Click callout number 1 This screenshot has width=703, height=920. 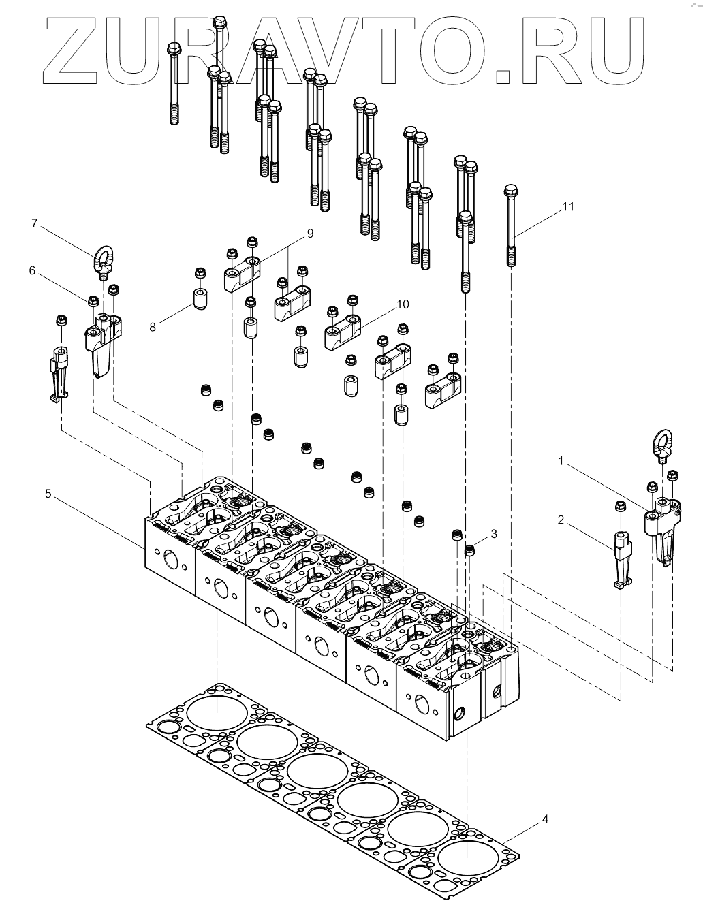click(561, 462)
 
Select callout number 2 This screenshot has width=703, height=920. click(561, 521)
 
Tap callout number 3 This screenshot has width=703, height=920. click(493, 534)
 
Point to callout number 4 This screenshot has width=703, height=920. click(544, 819)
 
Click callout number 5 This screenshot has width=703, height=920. click(48, 494)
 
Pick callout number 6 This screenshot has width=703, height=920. click(31, 271)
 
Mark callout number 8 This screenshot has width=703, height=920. click(153, 327)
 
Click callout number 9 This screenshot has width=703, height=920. click(310, 234)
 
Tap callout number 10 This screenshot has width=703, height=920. click(403, 304)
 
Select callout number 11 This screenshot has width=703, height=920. click(568, 206)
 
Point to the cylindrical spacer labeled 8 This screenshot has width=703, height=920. click(199, 298)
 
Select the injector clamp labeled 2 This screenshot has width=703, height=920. click(621, 558)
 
